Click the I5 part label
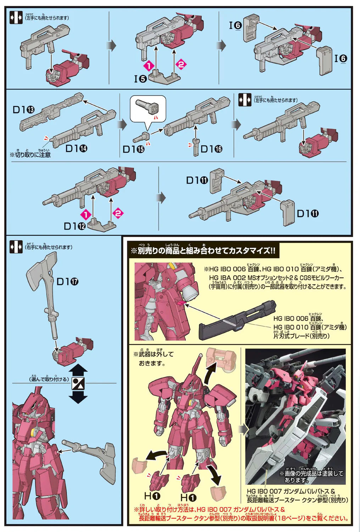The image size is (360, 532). click(140, 78)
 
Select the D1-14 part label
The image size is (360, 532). click(76, 148)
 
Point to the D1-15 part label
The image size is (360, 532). click(133, 149)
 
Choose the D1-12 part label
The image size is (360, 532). click(74, 226)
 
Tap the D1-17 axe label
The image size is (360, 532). click(67, 282)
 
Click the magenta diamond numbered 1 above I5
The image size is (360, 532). click(149, 66)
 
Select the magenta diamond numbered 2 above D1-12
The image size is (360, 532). click(118, 213)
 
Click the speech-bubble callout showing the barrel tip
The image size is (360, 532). click(148, 110)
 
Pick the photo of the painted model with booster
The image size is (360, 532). click(295, 416)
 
